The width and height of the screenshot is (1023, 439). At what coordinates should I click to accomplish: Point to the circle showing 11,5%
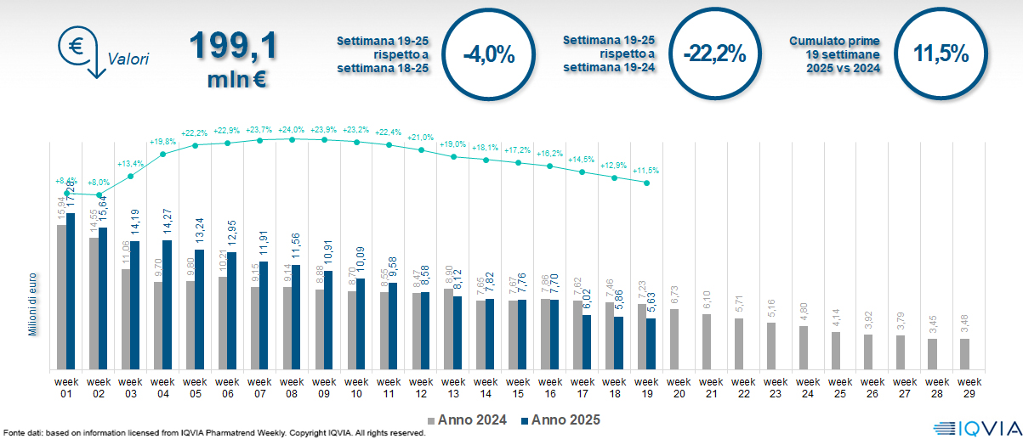tap(941, 54)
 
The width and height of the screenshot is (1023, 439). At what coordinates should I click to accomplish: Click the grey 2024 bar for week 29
tap(965, 353)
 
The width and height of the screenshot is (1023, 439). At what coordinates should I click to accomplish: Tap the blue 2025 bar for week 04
tap(168, 305)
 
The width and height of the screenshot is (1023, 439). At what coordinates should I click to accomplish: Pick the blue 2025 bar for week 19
tap(651, 344)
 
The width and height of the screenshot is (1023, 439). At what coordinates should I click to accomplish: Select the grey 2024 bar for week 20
tap(674, 339)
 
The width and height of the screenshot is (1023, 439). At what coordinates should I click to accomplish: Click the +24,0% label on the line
tap(292, 130)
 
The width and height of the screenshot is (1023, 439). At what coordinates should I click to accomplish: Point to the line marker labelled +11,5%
tap(647, 183)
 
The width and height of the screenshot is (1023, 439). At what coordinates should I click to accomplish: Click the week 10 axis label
tap(356, 387)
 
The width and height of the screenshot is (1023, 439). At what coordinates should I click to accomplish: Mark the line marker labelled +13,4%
tap(131, 177)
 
